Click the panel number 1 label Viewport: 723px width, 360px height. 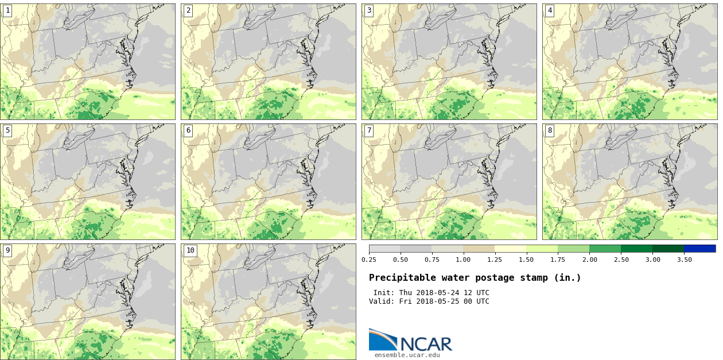point(7,10)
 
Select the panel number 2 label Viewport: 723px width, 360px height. point(188,10)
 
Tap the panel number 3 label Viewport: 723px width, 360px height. point(369,10)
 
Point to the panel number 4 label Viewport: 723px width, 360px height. point(550,10)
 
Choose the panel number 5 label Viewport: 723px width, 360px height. point(7,130)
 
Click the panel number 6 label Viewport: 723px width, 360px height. point(188,130)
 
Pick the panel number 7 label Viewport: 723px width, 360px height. point(369,130)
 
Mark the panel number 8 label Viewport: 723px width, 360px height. point(550,130)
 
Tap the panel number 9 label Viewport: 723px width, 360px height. point(7,250)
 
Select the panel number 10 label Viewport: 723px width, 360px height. point(191,250)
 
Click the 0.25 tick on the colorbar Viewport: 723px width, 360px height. point(369,260)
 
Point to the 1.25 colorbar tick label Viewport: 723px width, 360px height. point(495,260)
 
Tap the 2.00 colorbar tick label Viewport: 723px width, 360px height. point(589,260)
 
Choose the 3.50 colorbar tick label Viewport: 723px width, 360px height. point(684,260)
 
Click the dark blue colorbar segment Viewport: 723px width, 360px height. point(699,249)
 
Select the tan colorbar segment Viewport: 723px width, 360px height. point(479,249)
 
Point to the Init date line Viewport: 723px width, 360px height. point(431,293)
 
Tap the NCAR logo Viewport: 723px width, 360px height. point(411,340)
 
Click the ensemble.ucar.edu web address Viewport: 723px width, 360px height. point(407,355)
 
